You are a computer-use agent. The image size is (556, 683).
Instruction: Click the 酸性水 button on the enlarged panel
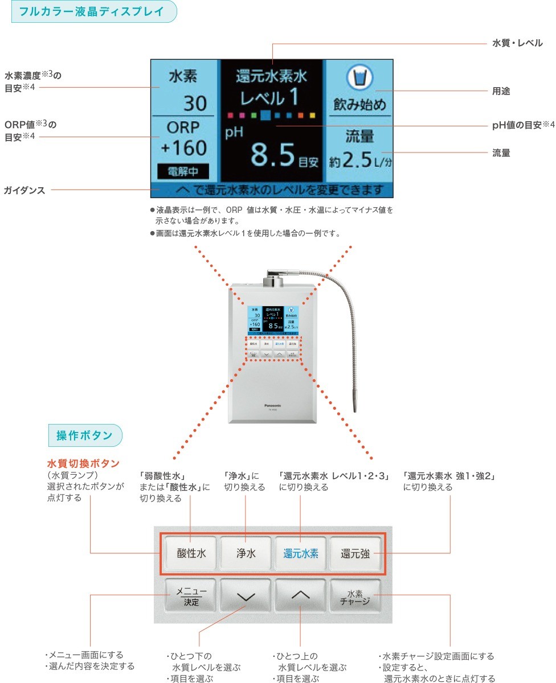coord(191,553)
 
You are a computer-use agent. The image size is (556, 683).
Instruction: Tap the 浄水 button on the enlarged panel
coord(246,553)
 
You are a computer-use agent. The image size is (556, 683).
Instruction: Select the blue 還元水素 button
coord(301,553)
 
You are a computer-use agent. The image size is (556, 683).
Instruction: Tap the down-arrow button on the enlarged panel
coord(246,596)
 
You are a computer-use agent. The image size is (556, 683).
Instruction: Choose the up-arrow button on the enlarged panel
coord(301,596)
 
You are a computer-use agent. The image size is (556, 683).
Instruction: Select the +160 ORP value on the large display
coord(183,148)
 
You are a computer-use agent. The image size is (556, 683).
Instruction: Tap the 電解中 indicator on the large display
coord(183,171)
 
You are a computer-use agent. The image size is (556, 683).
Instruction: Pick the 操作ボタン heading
coord(84,435)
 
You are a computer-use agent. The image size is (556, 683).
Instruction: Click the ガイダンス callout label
coord(24,190)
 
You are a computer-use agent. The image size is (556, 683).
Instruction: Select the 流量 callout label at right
coord(501,153)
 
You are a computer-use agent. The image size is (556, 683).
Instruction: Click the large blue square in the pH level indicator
coord(265,115)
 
